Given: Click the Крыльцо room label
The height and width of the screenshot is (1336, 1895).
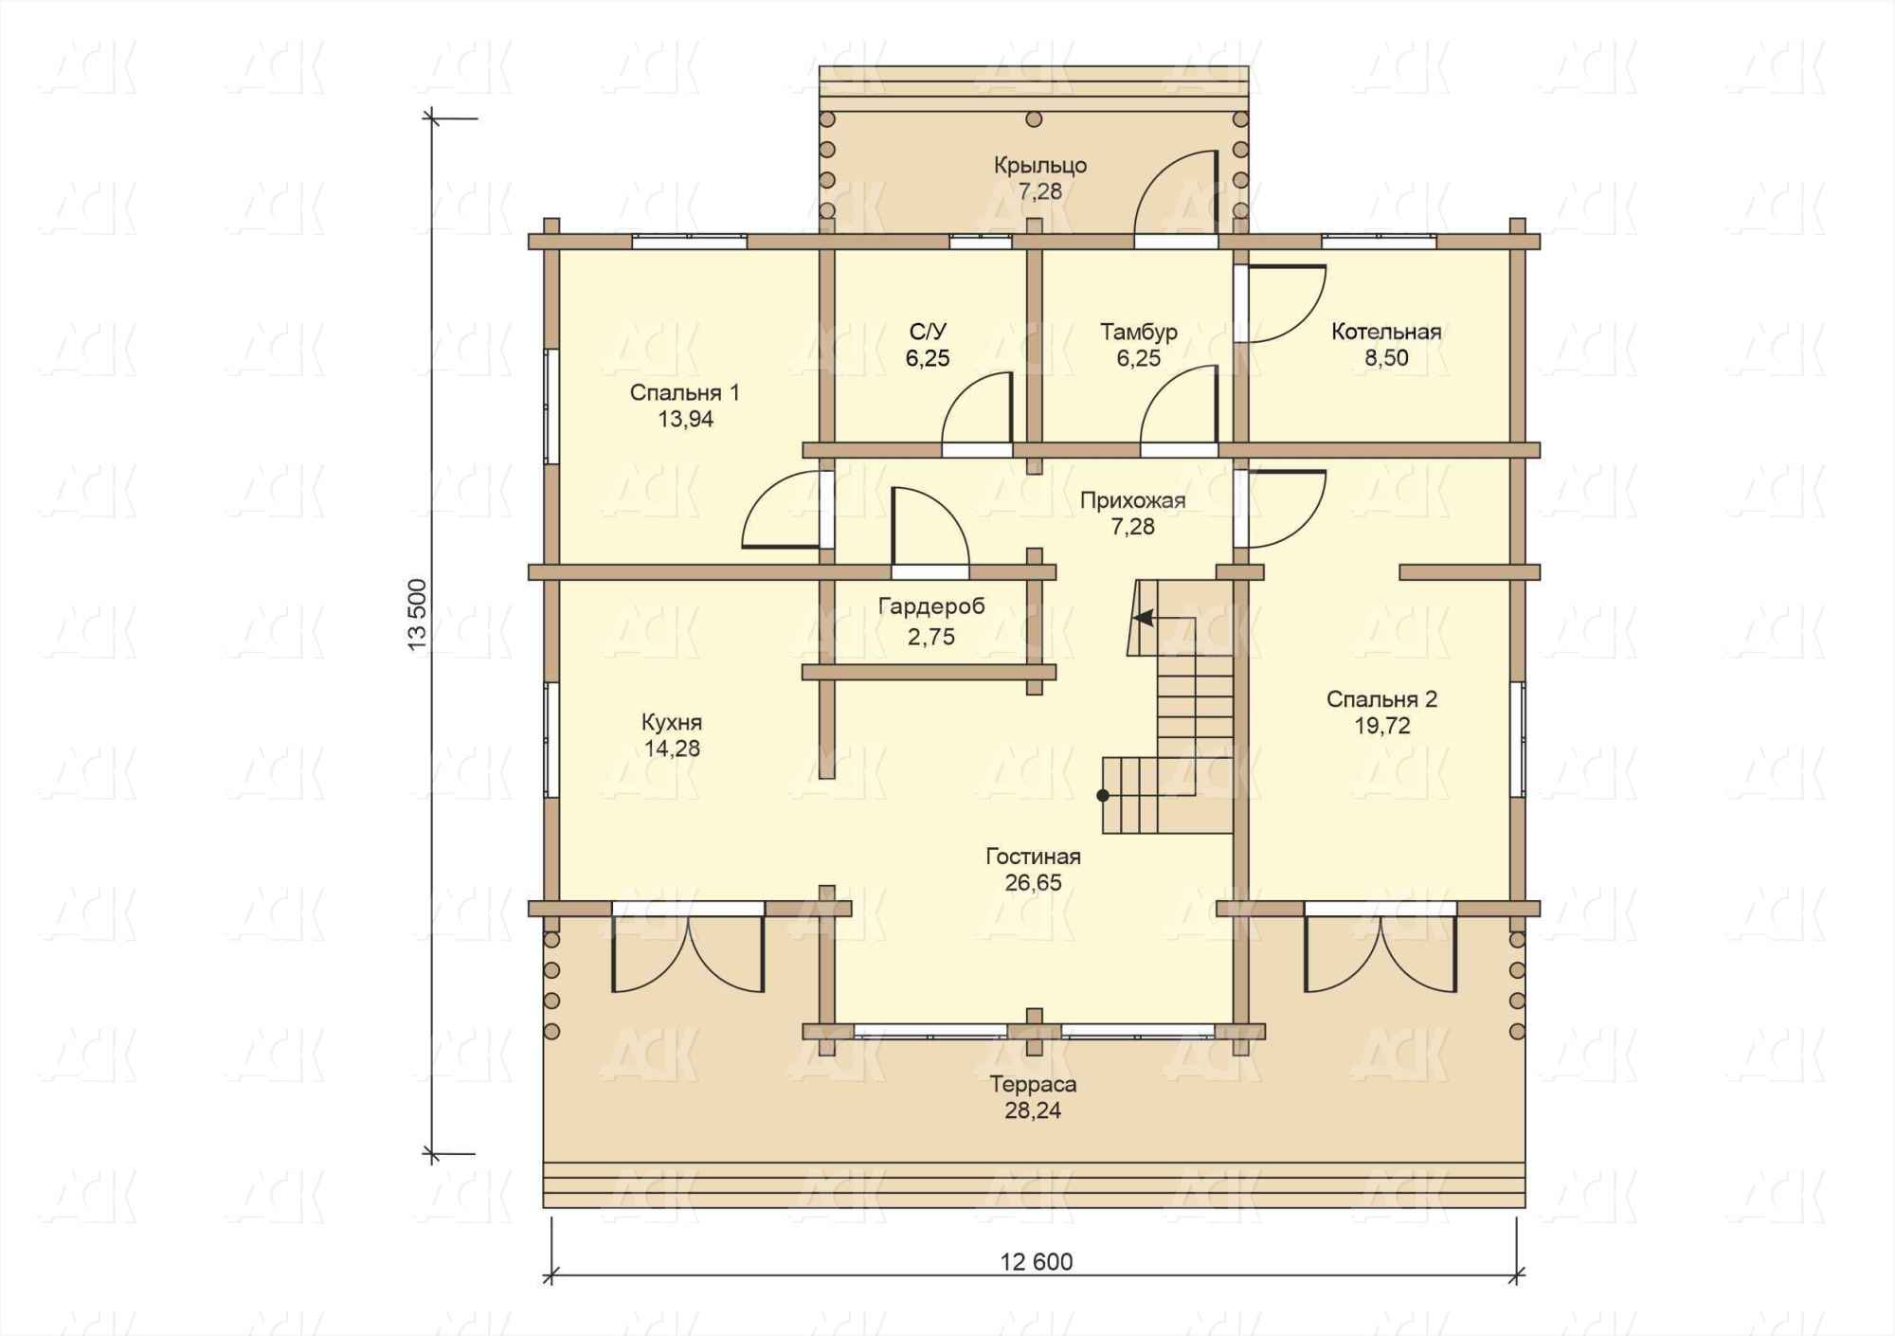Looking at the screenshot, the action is pos(1040,166).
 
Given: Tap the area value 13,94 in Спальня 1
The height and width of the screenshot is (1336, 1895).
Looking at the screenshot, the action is pos(686,420).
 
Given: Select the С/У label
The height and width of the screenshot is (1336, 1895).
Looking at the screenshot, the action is pos(928,332).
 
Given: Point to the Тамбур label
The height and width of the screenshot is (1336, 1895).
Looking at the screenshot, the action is pos(1139,332).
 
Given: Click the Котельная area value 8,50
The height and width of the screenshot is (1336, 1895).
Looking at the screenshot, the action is pos(1386,358).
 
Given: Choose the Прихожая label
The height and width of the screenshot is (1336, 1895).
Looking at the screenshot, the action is pos(1133,500).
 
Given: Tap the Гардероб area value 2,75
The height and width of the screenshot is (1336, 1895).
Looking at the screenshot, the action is pos(931,637).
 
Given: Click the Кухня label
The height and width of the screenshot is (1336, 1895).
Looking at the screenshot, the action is pos(672,722).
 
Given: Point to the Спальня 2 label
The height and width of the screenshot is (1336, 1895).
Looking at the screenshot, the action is pos(1381,699).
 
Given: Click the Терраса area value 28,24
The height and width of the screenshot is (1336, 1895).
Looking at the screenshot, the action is pos(1034,1110).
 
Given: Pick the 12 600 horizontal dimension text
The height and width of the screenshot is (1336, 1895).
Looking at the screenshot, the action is pos(1038,1262).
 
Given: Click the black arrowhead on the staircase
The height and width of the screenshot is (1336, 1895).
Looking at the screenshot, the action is pos(1145,618).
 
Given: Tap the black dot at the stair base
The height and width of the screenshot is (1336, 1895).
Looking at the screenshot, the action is pos(1103,796).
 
